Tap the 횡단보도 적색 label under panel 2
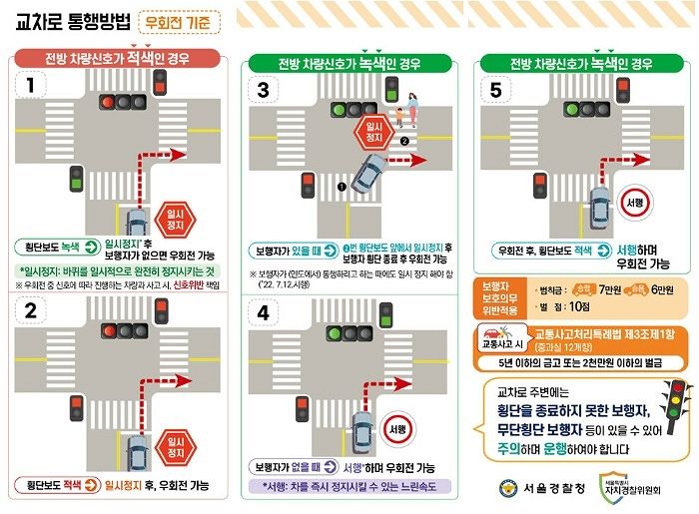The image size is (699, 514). (x=47, y=485)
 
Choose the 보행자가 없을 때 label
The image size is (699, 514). (x=288, y=466)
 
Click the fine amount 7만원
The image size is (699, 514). (x=612, y=289)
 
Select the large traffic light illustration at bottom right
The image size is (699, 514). (x=677, y=404)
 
